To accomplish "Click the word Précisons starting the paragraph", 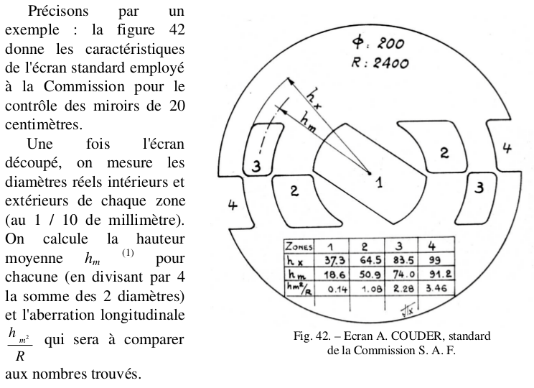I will [x=58, y=12].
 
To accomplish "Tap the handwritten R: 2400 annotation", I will [x=380, y=63].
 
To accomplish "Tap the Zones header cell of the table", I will [x=300, y=245].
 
